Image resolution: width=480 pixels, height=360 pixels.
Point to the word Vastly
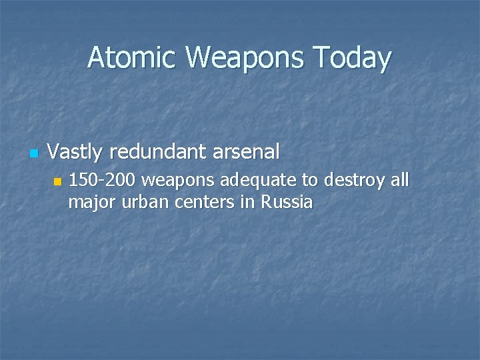[x=75, y=153]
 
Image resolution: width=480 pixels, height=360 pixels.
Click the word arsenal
[x=247, y=153]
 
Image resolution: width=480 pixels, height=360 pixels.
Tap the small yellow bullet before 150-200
[x=57, y=181]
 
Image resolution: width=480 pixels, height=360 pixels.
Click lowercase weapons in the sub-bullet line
[x=178, y=181]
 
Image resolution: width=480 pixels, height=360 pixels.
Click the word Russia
[x=287, y=201]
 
